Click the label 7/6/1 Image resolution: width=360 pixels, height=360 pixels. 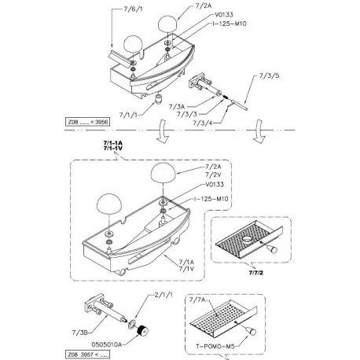pos(133,9)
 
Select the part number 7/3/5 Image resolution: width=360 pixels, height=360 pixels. pos(270,75)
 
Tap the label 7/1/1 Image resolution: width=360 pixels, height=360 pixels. pos(128,115)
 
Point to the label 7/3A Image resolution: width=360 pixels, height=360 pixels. pos(177,107)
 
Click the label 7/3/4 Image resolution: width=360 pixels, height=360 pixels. pos(203,123)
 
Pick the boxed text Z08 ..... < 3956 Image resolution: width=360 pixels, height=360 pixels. pos(87,122)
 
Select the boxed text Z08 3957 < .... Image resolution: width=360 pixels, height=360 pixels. pos(87,354)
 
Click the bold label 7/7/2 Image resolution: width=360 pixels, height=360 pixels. pos(256,273)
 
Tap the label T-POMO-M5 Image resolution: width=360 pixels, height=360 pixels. pos(215,347)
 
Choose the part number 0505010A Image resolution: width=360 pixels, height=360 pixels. pos(107,344)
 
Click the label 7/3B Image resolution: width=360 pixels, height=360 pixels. pos(79,332)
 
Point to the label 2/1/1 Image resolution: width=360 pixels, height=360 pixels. pos(163,295)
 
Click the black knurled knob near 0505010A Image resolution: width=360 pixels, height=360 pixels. pos(142,330)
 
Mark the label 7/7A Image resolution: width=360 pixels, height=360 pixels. pos(197,299)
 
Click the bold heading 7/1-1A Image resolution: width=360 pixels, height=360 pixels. pos(113,143)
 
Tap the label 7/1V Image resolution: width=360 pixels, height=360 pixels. pos(186,269)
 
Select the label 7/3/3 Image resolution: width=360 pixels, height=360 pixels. pos(187,114)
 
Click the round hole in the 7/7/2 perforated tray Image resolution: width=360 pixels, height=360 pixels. pos(247,239)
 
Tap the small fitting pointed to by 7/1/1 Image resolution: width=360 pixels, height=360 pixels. pos(159,100)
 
